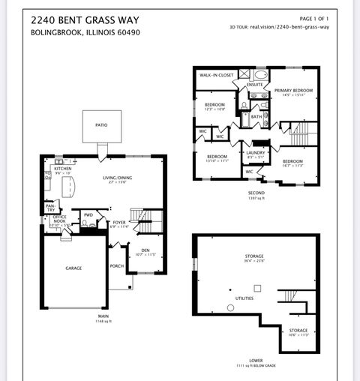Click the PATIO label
pyautogui.click(x=102, y=126)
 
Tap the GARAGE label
pyautogui.click(x=73, y=268)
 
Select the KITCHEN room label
pyautogui.click(x=63, y=169)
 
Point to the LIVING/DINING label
pyautogui.click(x=118, y=178)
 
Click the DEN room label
pyautogui.click(x=144, y=250)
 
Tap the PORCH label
pyautogui.click(x=116, y=265)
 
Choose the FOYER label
pyautogui.click(x=120, y=222)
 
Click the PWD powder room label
pyautogui.click(x=88, y=215)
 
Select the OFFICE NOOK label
pyautogui.click(x=60, y=219)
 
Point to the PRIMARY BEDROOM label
pyautogui.click(x=292, y=90)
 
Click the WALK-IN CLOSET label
pyautogui.click(x=214, y=76)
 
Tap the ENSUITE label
pyautogui.click(x=255, y=85)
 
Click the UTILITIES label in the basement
pyautogui.click(x=244, y=298)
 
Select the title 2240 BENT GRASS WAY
pyautogui.click(x=85, y=19)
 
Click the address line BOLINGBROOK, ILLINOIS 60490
pyautogui.click(x=85, y=33)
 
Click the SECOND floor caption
pyautogui.click(x=256, y=192)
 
